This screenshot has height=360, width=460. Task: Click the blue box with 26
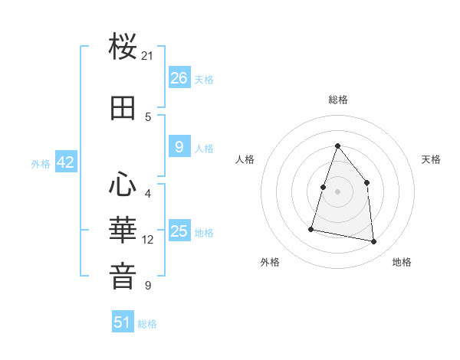coord(179,78)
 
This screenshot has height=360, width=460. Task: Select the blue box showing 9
coord(179,148)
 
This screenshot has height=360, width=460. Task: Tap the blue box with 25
coord(179,231)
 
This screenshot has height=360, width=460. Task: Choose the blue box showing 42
coord(65,162)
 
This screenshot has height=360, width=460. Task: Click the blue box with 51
coord(123,322)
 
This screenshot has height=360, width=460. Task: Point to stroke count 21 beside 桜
coord(148,55)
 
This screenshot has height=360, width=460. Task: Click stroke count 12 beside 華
coord(148,240)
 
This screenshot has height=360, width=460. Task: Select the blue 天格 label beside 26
coord(204,79)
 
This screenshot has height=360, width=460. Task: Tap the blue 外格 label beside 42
coord(41,163)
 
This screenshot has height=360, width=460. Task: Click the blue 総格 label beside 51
coord(147,324)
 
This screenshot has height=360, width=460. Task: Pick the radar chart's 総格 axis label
coord(337,100)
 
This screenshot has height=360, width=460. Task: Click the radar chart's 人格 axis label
coord(245,159)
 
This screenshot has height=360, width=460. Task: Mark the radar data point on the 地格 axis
coord(374,242)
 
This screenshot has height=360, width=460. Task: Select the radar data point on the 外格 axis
coord(311,228)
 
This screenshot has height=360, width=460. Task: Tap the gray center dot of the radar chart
coord(337,191)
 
